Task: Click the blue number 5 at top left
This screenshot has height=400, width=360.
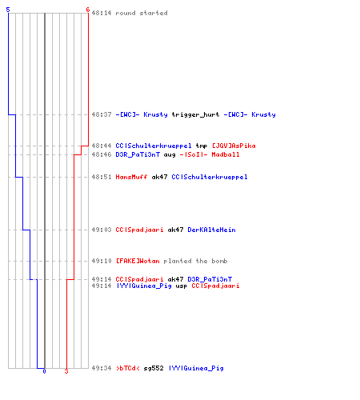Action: (8, 10)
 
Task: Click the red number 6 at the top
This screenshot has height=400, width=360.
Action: (87, 10)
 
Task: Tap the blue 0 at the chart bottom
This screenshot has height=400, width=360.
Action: (44, 371)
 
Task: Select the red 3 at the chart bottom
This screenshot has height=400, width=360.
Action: (66, 371)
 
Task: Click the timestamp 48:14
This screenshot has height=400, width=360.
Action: (102, 13)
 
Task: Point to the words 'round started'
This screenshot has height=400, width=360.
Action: (142, 13)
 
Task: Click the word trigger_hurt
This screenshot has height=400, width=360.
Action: (195, 114)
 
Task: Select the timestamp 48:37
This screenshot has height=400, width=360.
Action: (102, 114)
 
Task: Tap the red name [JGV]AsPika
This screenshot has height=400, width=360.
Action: (234, 146)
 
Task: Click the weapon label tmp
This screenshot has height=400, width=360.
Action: (202, 146)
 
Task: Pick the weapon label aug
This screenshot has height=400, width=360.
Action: (170, 155)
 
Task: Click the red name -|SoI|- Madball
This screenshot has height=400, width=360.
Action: (210, 154)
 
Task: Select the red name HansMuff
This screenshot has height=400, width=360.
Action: (131, 177)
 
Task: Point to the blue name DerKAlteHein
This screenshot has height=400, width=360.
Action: (211, 230)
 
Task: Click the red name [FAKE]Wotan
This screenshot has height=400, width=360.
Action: (138, 261)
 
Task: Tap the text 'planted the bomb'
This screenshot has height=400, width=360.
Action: (195, 261)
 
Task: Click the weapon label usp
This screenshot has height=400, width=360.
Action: (182, 286)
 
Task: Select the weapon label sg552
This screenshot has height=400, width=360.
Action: (154, 368)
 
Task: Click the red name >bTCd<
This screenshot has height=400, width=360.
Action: (127, 368)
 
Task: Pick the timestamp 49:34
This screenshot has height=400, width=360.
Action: (102, 368)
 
